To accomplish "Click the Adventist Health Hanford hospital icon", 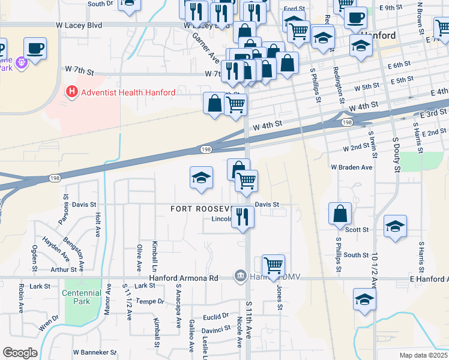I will click(x=71, y=92).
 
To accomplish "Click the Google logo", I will click(x=20, y=353).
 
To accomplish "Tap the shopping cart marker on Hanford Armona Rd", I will click(x=273, y=264).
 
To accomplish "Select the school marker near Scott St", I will click(x=394, y=226).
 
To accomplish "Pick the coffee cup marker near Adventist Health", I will click(x=35, y=47).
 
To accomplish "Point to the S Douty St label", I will click(x=396, y=155).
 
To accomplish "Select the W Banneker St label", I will click(x=94, y=352).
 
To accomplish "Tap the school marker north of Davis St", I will click(x=201, y=177).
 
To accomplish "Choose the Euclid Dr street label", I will click(x=217, y=315).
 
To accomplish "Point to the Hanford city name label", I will click(x=397, y=35).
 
